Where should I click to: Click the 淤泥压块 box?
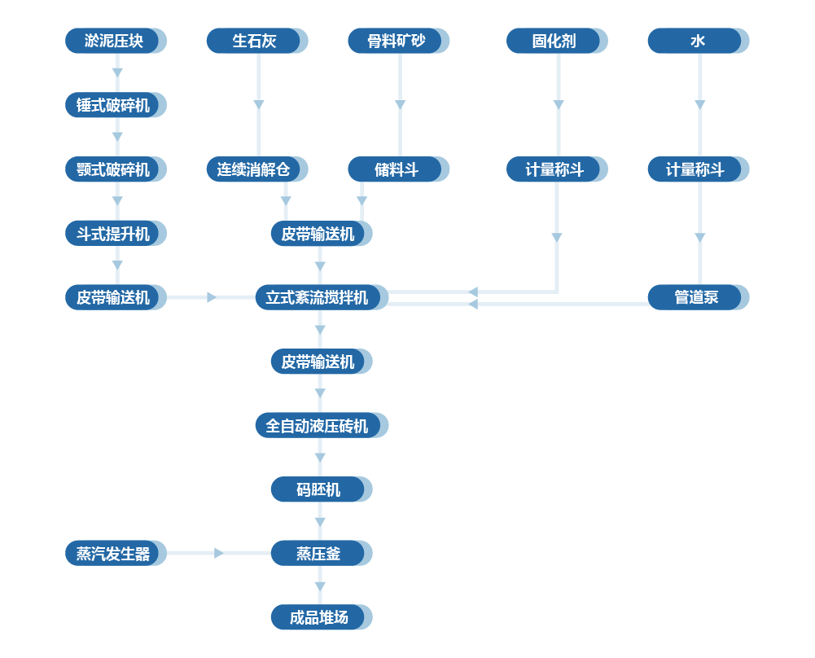pyautogui.click(x=114, y=41)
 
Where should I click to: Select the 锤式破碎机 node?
pyautogui.click(x=114, y=105)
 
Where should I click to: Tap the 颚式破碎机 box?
pyautogui.click(x=114, y=169)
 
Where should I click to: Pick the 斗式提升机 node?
pyautogui.click(x=114, y=234)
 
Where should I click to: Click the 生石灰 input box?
pyautogui.click(x=256, y=41)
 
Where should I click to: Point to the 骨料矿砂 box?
pyautogui.click(x=397, y=41)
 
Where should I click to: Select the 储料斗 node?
pyautogui.click(x=397, y=169)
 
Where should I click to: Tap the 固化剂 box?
pyautogui.click(x=555, y=41)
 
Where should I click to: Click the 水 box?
pyautogui.click(x=697, y=41)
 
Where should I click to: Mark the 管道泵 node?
pyautogui.click(x=697, y=297)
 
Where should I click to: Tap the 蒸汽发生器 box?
pyautogui.click(x=114, y=554)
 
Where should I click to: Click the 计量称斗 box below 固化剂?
pyautogui.click(x=555, y=169)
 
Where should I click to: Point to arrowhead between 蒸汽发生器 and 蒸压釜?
pyautogui.click(x=218, y=554)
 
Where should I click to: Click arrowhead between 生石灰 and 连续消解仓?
pyautogui.click(x=259, y=104)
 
